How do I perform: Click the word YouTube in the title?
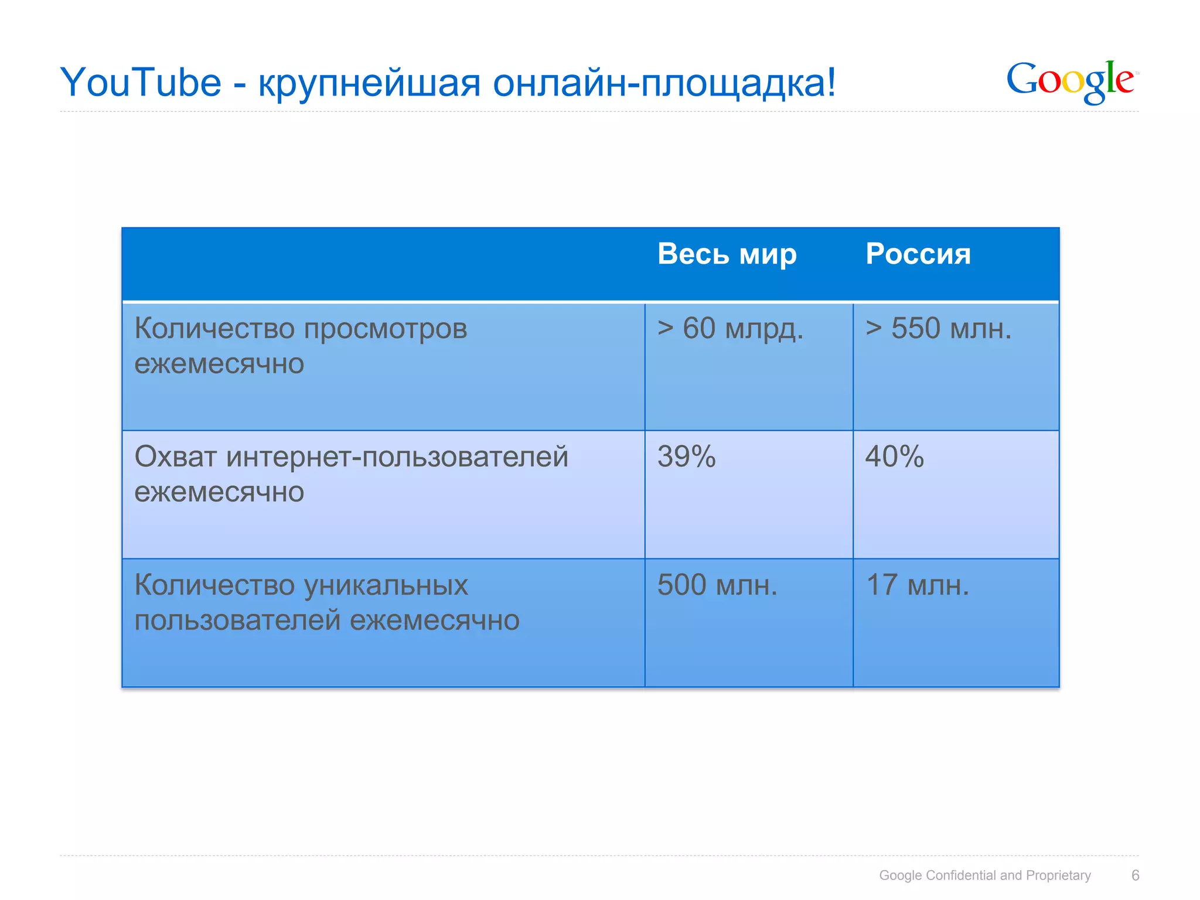coord(141,83)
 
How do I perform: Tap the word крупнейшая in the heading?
coord(369,84)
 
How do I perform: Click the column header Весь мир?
coord(727,254)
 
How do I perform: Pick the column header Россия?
coord(918,254)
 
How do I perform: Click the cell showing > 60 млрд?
coord(729,329)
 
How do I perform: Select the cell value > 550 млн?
coord(938,329)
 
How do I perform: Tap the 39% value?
coord(686,456)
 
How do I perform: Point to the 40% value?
coord(894,456)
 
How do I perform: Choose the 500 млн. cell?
coord(717,585)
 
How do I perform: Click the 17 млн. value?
coord(917,585)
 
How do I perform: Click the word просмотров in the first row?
coord(386,329)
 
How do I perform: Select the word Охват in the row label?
coord(175,456)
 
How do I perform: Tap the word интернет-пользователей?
coord(397,457)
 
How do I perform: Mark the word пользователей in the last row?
coord(237,620)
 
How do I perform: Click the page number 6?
coord(1135,875)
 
